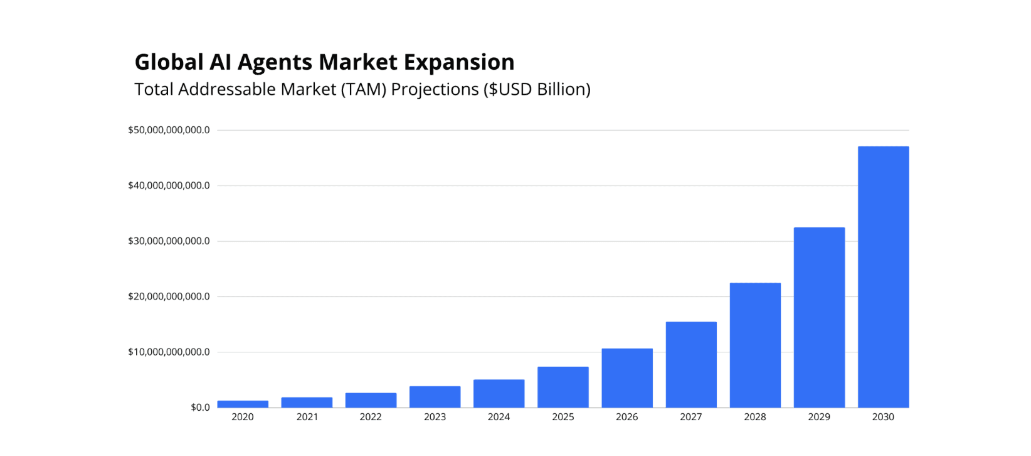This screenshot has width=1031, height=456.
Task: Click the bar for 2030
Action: (883, 276)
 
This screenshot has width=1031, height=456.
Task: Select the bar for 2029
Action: (819, 317)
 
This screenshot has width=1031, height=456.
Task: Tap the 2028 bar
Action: (755, 345)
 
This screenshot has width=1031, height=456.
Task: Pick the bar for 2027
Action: (691, 364)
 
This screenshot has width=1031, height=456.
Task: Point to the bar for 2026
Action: (627, 377)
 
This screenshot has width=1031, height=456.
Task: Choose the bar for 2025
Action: (563, 387)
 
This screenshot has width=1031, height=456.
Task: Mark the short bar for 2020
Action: (243, 404)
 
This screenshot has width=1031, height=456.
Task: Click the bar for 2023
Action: (435, 396)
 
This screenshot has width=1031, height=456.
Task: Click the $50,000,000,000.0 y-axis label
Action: (169, 130)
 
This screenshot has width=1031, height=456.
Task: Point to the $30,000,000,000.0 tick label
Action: (169, 241)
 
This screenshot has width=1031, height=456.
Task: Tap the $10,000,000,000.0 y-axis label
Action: (169, 352)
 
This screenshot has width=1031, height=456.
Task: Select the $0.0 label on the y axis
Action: (200, 408)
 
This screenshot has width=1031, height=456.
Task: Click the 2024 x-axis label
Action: (499, 417)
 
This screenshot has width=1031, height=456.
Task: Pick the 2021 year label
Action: (307, 417)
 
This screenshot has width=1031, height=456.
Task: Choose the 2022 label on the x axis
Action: (371, 417)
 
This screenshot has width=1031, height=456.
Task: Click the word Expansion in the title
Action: (459, 62)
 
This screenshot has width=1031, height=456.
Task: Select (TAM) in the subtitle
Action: (363, 90)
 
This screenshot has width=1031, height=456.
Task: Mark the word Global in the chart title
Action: (169, 62)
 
